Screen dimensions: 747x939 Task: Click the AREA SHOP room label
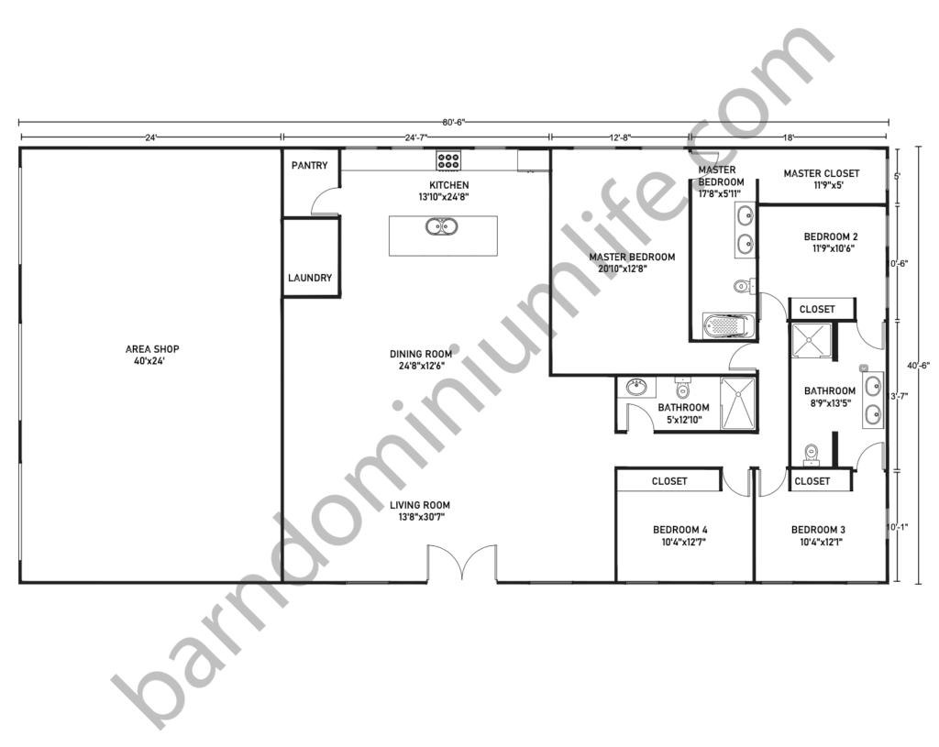click(x=152, y=349)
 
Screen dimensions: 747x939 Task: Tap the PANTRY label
click(x=310, y=166)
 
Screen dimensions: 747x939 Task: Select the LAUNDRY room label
click(x=310, y=278)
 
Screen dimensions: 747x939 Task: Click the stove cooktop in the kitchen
click(x=448, y=160)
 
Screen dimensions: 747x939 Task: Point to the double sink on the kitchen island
click(x=442, y=226)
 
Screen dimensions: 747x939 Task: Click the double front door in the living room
click(x=463, y=564)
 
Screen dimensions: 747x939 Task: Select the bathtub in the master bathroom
click(x=728, y=325)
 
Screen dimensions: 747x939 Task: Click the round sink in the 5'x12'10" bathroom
click(x=635, y=387)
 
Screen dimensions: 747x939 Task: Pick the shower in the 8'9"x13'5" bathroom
click(x=811, y=338)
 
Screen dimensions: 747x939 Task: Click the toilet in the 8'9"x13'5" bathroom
click(x=811, y=453)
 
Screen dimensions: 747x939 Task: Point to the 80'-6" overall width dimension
click(x=453, y=122)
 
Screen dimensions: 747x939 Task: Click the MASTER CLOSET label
click(x=822, y=173)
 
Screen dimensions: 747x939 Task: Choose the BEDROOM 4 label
click(x=679, y=530)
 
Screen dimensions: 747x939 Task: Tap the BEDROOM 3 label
click(x=818, y=530)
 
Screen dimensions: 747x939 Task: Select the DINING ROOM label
click(x=420, y=354)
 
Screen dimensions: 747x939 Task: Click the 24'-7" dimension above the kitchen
click(x=415, y=137)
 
